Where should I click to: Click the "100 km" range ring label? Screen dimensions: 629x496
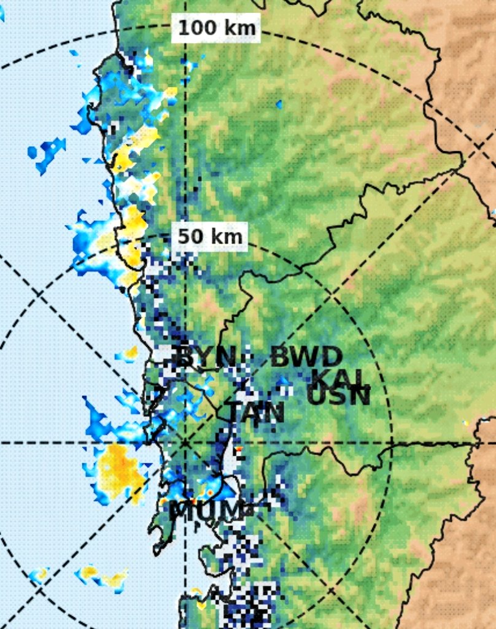coord(216,28)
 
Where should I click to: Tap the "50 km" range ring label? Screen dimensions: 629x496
coord(210,236)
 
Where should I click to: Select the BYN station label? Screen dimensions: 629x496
coord(206,356)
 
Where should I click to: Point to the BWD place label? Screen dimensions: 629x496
coord(306,357)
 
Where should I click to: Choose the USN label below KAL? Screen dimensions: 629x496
coord(339,396)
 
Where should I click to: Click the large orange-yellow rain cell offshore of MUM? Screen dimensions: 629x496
coord(118,470)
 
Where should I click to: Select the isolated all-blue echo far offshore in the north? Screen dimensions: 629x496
coord(47,152)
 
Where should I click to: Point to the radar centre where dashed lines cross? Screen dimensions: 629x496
coord(185,442)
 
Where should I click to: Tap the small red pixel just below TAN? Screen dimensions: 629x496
coord(239,450)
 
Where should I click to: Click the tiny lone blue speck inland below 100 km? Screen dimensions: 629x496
coord(279,104)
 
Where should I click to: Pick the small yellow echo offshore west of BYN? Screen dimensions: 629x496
coord(130,353)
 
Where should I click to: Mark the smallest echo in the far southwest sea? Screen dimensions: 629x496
coord(39,575)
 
